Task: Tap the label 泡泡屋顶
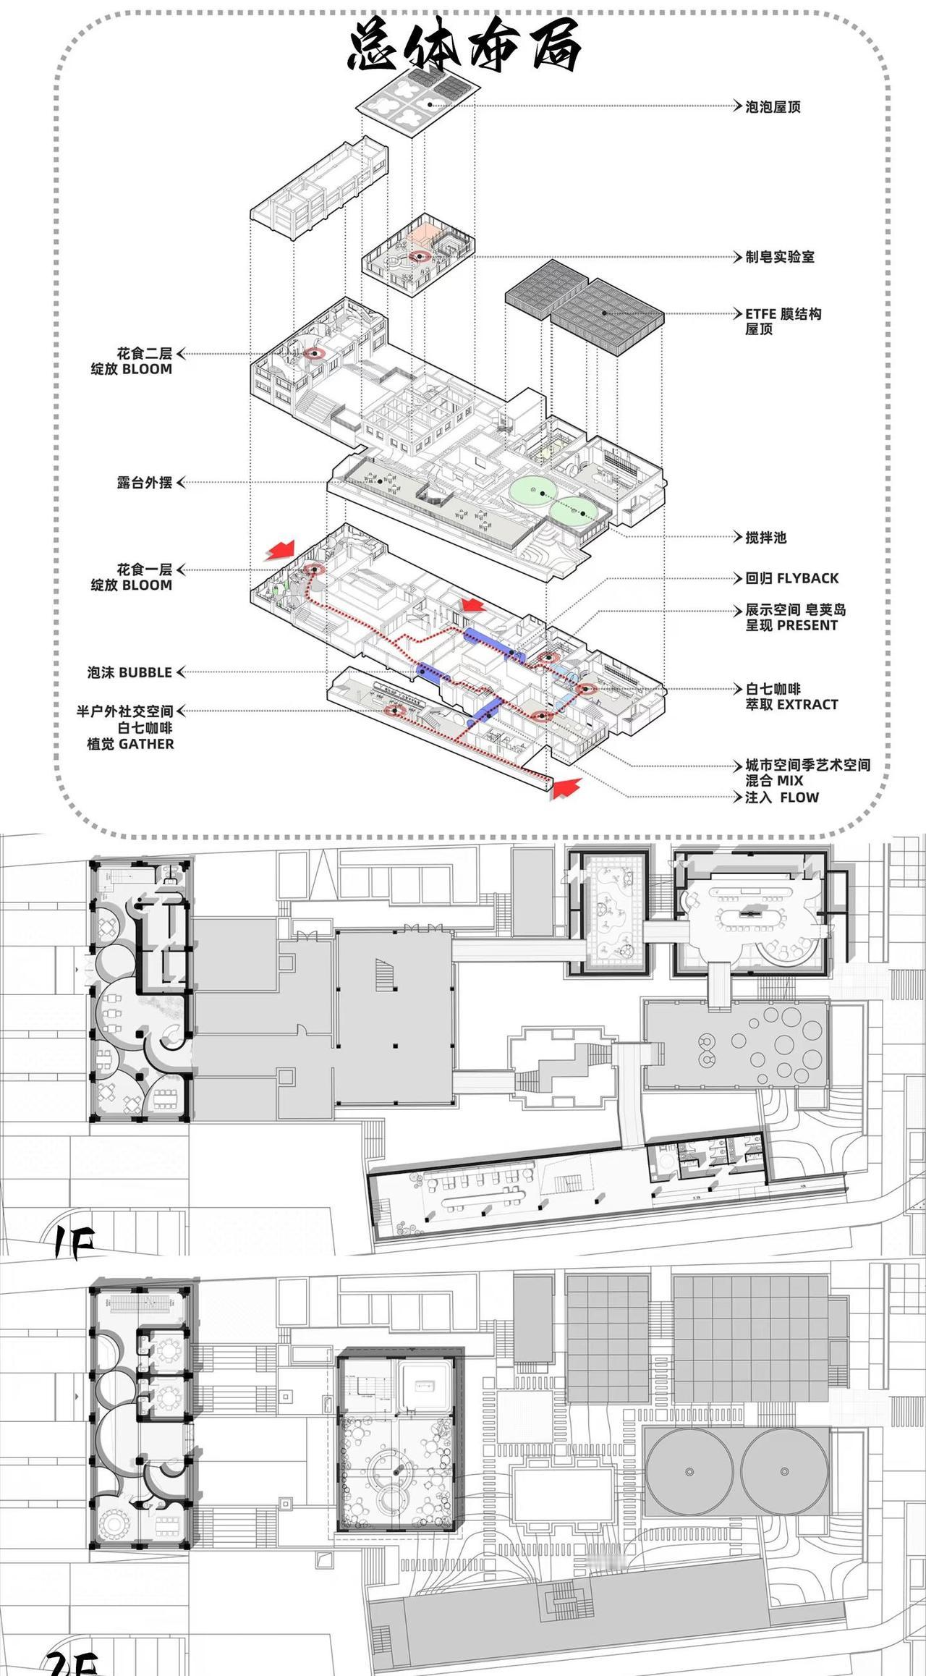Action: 773,107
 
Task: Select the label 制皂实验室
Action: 780,257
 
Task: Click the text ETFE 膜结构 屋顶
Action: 783,321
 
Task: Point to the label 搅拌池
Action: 765,538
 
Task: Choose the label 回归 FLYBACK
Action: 792,578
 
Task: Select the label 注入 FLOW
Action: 782,797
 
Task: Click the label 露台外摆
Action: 145,483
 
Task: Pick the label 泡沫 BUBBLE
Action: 130,672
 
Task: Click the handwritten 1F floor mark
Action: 75,1242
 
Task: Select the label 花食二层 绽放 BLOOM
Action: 132,361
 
